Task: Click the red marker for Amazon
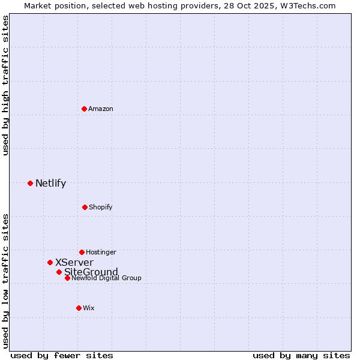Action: (84, 109)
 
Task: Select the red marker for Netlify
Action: (30, 183)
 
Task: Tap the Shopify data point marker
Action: (85, 207)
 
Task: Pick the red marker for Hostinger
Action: (82, 252)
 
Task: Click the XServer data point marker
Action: (50, 262)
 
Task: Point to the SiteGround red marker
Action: (59, 272)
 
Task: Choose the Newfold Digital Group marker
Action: (67, 278)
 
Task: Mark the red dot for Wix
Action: (79, 308)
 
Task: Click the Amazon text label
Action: (101, 109)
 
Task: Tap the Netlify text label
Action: (50, 184)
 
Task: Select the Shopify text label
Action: (100, 207)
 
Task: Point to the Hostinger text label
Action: (101, 252)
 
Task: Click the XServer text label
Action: (74, 263)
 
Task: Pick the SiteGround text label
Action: (91, 272)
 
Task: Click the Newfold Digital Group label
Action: (106, 278)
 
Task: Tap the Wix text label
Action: (89, 308)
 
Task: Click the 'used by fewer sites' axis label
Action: (62, 355)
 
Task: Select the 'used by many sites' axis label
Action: (301, 355)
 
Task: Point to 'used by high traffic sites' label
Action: (5, 85)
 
